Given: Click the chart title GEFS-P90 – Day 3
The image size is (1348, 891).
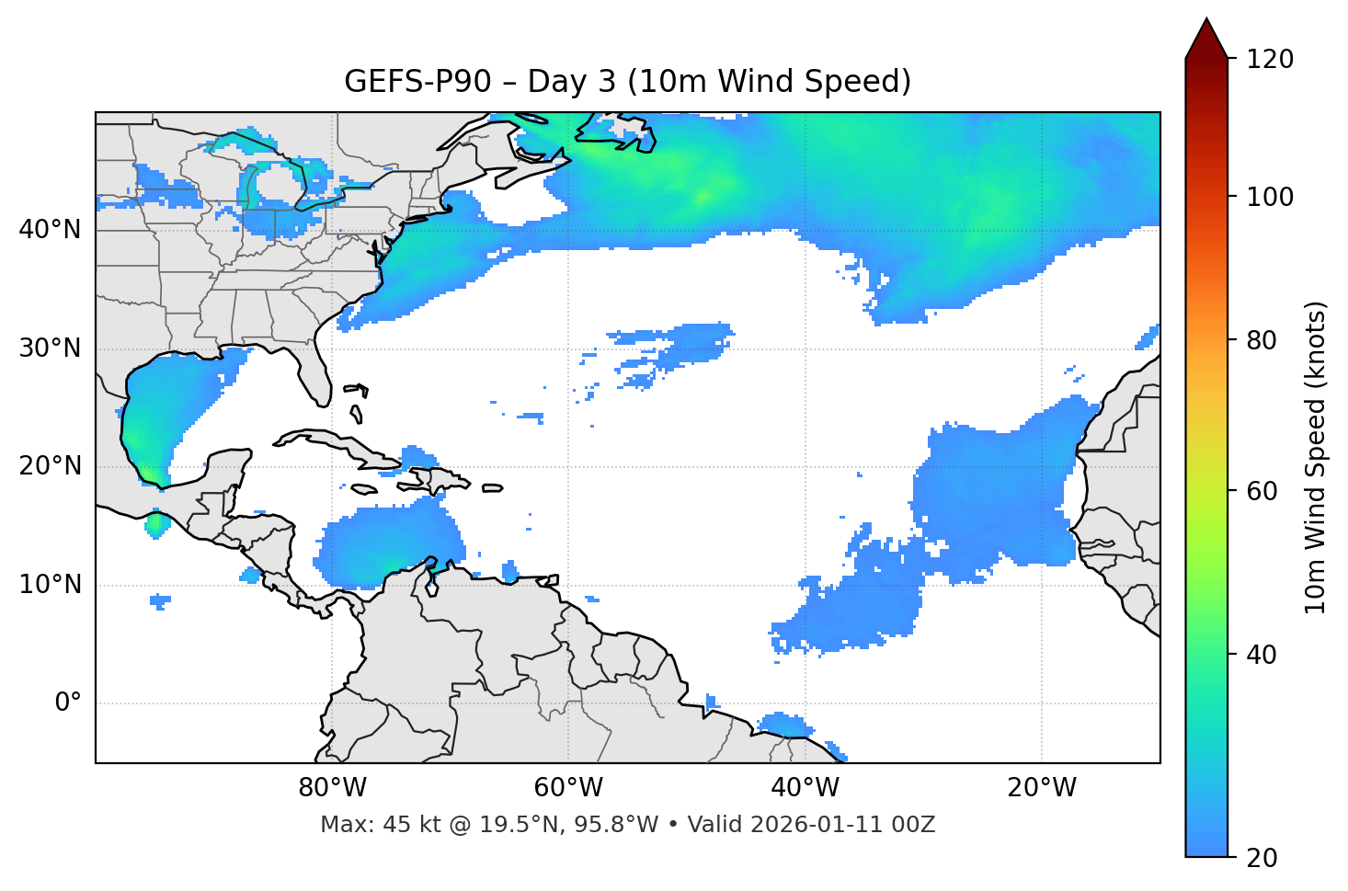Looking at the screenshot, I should pos(627,82).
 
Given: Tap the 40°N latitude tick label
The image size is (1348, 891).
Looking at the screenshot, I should pos(50,230).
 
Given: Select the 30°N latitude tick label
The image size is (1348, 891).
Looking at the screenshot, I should pos(50,348).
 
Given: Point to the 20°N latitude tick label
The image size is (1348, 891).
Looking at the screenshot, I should pos(50,466).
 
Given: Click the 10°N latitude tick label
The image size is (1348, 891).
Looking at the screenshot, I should pos(50,585).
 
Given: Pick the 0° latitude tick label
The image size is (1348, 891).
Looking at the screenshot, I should pos(68,703).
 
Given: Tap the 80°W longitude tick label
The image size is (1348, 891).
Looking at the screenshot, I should pos(332,788).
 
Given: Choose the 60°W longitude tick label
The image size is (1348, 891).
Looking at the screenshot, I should pos(568,788).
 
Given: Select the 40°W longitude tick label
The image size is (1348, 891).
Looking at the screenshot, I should pos(805,788).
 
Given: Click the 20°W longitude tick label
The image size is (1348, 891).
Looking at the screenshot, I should pos(1042,788).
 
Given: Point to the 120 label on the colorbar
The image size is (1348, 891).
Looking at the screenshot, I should pos(1270,60).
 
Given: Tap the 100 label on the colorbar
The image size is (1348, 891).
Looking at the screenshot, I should pos(1270,197).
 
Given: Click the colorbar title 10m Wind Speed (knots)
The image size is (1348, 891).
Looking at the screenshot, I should pos(1316,457).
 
